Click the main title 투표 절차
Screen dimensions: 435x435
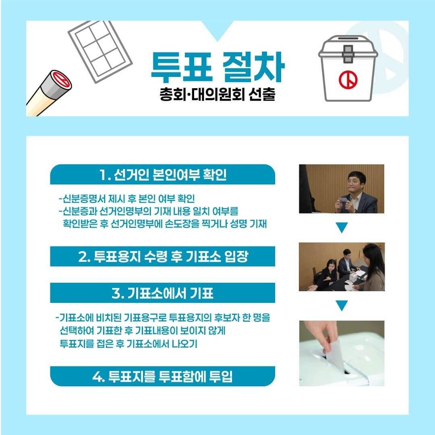click(x=217, y=66)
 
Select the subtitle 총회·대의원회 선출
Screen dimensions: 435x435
click(x=217, y=97)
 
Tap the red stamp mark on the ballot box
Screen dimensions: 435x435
click(x=348, y=80)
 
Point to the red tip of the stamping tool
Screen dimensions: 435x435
click(x=60, y=79)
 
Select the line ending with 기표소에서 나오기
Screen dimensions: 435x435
click(x=128, y=344)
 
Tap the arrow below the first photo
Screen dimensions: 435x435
click(x=342, y=228)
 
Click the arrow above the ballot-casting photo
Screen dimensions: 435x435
click(x=342, y=306)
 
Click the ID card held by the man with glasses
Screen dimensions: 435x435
click(x=343, y=200)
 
